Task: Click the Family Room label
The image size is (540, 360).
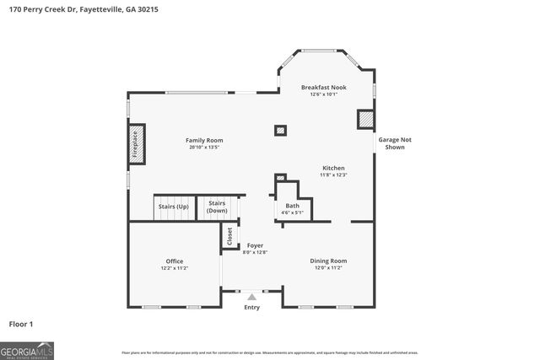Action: click(x=204, y=140)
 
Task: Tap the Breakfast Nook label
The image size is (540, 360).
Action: click(x=324, y=88)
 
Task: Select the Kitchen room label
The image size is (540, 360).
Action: click(x=332, y=168)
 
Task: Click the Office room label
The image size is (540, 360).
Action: click(x=175, y=261)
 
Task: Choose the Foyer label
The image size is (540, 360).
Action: click(x=255, y=245)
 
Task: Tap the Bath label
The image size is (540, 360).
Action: click(x=292, y=206)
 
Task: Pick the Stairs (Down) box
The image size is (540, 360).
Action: click(x=217, y=207)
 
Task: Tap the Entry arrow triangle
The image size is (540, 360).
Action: click(x=251, y=297)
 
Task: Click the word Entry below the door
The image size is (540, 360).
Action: click(x=251, y=307)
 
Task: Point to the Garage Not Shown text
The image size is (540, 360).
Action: click(x=395, y=143)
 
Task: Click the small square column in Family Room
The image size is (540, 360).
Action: click(x=280, y=130)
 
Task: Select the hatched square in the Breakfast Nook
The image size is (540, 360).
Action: click(x=364, y=120)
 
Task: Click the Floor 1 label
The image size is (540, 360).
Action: click(x=22, y=324)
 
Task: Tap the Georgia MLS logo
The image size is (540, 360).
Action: click(x=27, y=350)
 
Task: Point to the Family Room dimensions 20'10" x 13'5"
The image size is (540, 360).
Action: click(x=204, y=148)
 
